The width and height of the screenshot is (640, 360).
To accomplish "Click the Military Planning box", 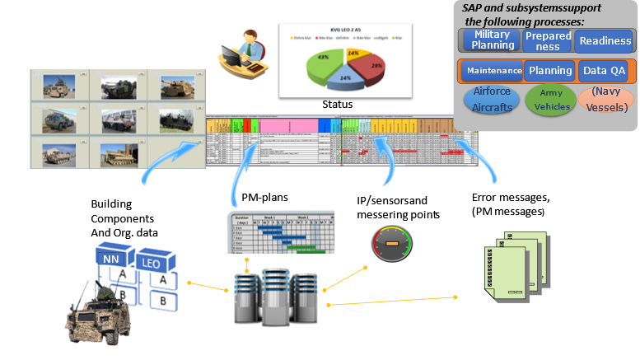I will (x=493, y=40).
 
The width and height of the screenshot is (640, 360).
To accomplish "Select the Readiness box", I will (x=605, y=40).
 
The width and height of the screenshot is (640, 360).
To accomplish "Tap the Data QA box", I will (x=605, y=71).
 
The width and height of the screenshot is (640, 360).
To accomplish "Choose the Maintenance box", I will (x=493, y=71).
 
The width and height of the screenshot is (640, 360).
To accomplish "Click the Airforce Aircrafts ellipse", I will (x=493, y=101).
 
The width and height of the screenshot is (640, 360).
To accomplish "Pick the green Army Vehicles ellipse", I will (x=550, y=101).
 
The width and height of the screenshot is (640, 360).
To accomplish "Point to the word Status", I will (x=338, y=105).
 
